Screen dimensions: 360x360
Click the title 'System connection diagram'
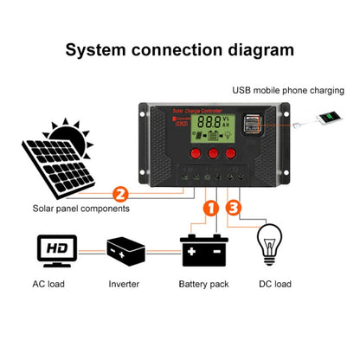click(180, 49)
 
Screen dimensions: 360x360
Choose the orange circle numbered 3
click(235, 208)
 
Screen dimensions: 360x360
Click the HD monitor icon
click(57, 250)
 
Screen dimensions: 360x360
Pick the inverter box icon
click(125, 251)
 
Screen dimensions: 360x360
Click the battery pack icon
click(205, 252)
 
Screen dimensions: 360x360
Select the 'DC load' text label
click(275, 284)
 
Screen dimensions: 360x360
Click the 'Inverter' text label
click(124, 284)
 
